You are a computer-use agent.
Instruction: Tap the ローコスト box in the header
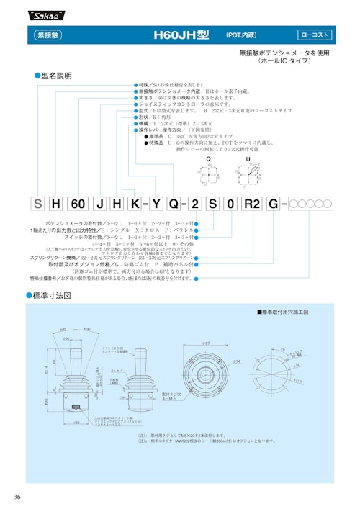coord(316,35)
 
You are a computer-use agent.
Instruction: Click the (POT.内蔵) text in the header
coord(243,35)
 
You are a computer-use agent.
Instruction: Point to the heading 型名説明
coord(58,75)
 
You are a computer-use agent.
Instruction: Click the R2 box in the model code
coord(251,203)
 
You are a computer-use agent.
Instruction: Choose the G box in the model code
coord(274,203)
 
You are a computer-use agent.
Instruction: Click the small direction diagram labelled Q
coord(208,175)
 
